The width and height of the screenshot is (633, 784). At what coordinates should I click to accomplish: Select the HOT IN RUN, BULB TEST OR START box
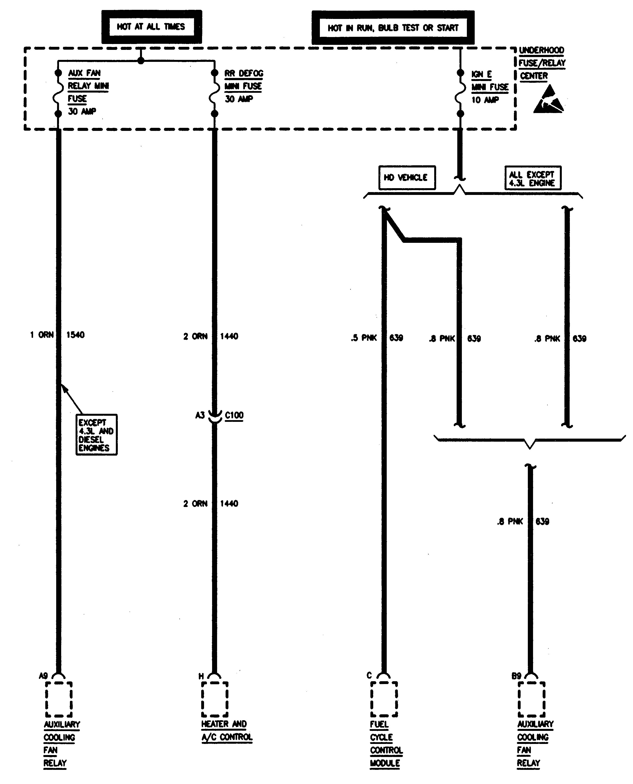coord(393,28)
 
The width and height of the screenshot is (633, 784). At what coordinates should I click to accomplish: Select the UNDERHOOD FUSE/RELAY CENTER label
coord(542,63)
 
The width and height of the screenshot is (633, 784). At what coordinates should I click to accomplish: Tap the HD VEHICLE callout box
coord(407,177)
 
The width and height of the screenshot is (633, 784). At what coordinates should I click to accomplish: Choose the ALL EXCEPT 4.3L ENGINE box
coord(533,178)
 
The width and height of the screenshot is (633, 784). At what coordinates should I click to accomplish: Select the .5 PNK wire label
coord(364,338)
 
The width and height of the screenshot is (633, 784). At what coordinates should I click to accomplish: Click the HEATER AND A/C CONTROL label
coord(227,731)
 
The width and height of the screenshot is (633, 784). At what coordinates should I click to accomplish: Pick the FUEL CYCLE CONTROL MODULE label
coord(386,744)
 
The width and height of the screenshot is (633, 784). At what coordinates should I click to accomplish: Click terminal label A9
coord(43,676)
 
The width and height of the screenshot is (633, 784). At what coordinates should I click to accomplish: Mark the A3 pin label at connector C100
coord(200,415)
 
